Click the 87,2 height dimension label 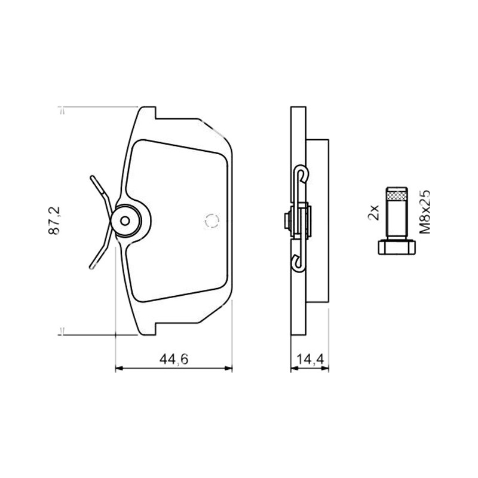[x=54, y=220]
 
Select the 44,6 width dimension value [x=174, y=359]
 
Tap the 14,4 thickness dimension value [x=310, y=359]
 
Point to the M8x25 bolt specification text [x=425, y=212]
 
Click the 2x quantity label [x=373, y=213]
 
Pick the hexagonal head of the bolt [x=397, y=247]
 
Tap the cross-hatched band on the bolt [x=397, y=194]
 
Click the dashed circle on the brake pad [x=212, y=220]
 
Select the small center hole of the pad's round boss [x=125, y=220]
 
